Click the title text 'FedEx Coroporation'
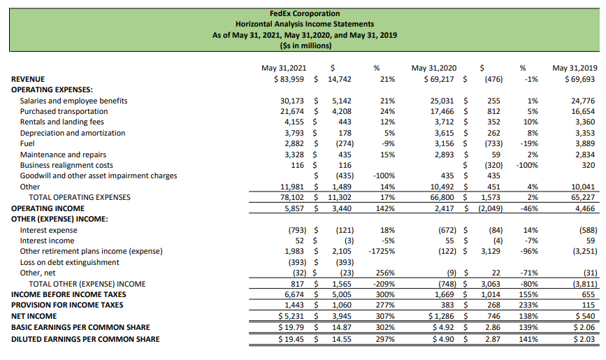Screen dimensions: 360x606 coord(304,13)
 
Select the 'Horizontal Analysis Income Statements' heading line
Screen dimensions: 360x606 coord(304,24)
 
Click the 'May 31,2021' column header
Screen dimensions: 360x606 coord(283,68)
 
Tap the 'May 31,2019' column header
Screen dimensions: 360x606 coord(575,68)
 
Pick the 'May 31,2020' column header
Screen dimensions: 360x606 coord(434,68)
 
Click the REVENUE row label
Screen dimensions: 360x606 coord(28,79)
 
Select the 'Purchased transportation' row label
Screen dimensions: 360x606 coord(64,111)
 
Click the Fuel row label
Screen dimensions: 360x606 coord(28,143)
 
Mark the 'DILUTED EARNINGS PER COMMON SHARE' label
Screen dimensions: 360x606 coord(85,339)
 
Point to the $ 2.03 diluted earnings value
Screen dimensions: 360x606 coord(582,339)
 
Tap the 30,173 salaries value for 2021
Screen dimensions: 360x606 coord(292,101)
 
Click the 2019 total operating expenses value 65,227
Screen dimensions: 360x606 coord(582,198)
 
